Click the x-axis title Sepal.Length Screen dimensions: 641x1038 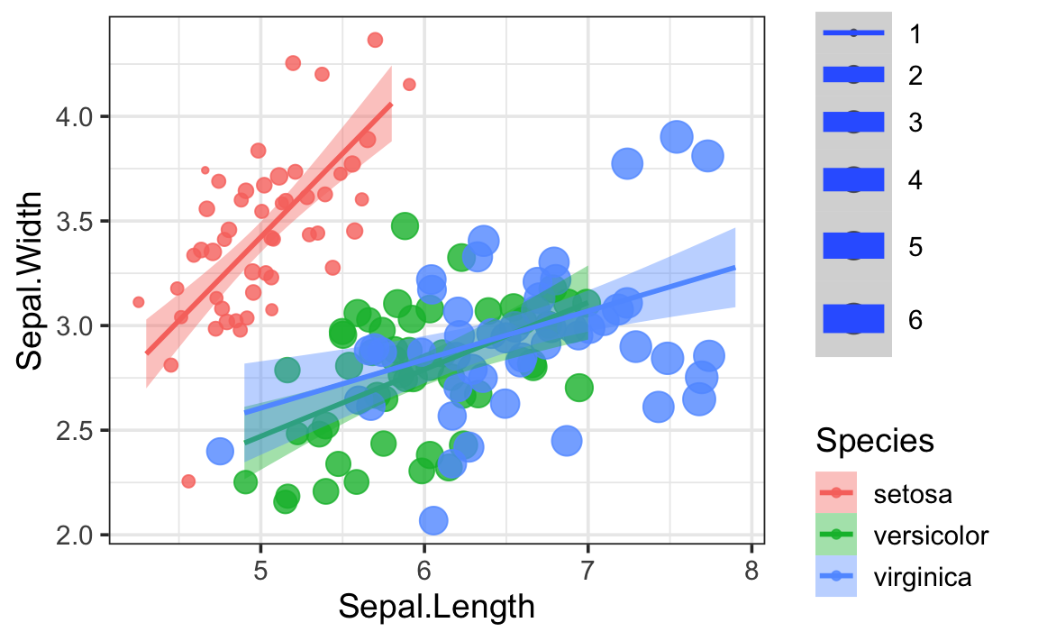click(x=436, y=607)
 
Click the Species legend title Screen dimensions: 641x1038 click(x=873, y=441)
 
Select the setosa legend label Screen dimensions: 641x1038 click(x=913, y=493)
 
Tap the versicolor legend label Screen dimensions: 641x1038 click(x=931, y=536)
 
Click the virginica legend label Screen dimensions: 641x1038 click(x=922, y=578)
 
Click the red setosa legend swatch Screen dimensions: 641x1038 click(x=836, y=493)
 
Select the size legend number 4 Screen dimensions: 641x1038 click(x=915, y=180)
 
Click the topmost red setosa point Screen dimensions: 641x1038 click(x=376, y=40)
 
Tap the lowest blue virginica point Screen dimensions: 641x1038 click(x=433, y=520)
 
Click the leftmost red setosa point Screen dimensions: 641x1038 click(x=139, y=302)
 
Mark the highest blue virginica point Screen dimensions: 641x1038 click(x=676, y=136)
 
